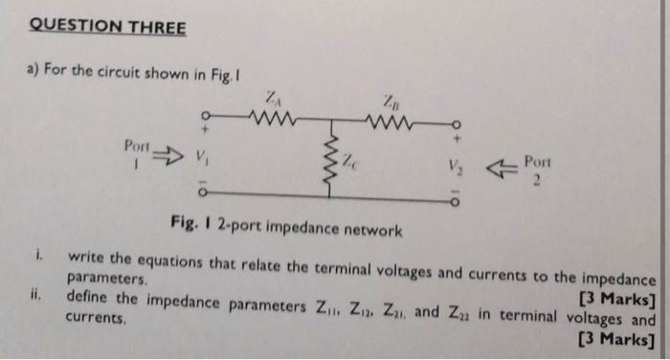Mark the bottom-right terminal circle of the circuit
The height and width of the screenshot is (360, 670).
click(457, 202)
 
